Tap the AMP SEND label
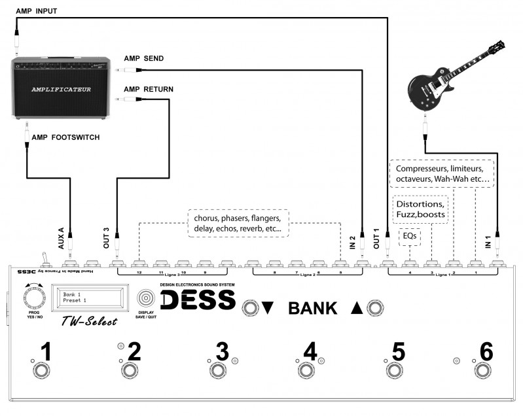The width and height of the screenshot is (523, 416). pos(143,58)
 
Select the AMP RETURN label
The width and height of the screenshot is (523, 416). pos(149,88)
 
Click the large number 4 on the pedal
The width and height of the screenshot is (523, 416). pos(310,351)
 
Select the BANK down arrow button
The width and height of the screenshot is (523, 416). pos(249,307)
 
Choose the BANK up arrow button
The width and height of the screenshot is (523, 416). pos(374,307)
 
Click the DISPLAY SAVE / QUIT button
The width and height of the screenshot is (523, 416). pos(146,298)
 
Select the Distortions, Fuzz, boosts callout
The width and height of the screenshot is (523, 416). pos(420,209)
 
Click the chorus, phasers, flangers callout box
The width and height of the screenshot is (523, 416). pos(237,224)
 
